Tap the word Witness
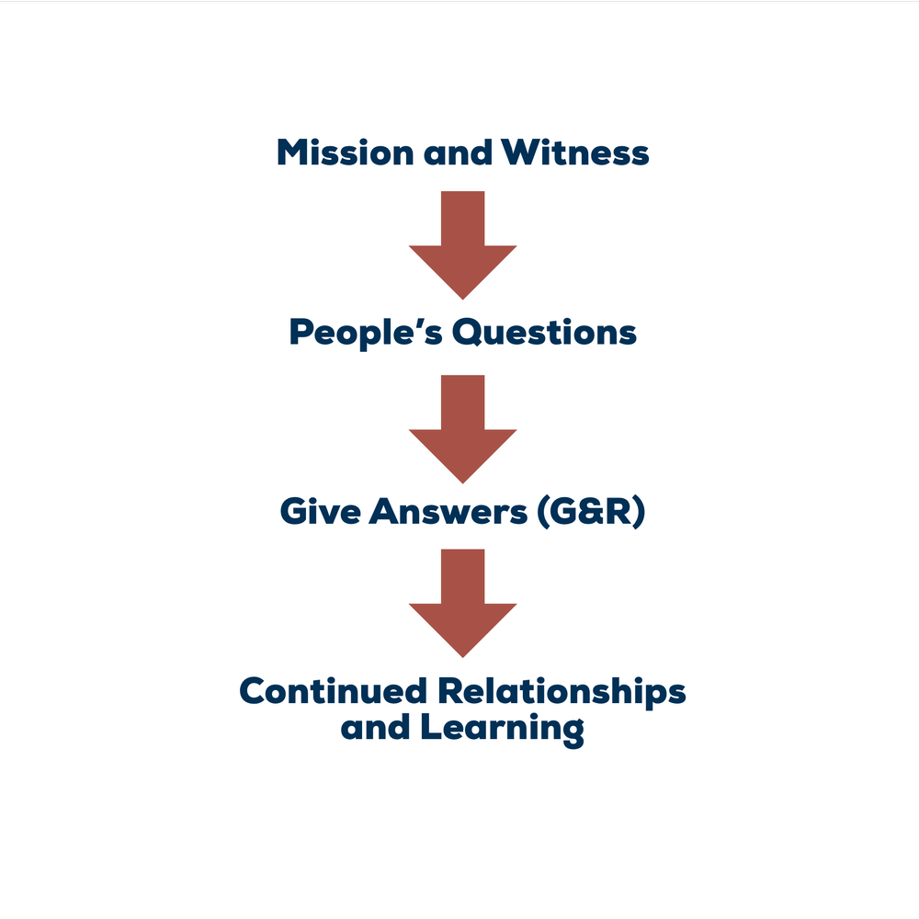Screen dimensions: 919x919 (x=574, y=153)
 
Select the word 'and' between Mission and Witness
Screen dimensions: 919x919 (x=457, y=153)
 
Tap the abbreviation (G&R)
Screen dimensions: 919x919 (x=591, y=513)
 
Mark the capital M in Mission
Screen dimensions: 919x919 (x=292, y=153)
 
